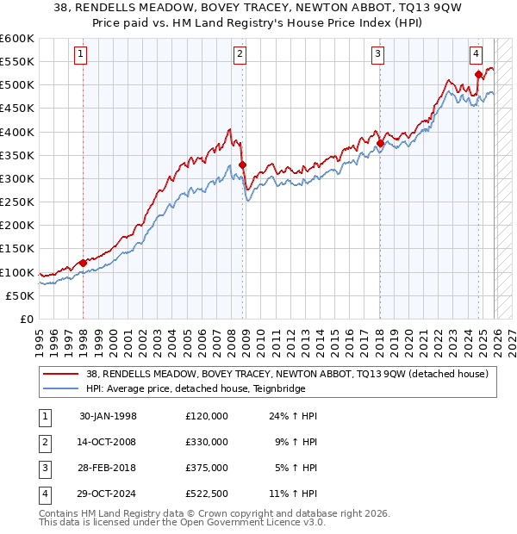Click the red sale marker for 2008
tap(242, 165)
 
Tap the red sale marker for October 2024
tap(479, 75)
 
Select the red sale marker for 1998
tap(83, 263)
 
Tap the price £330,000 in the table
tap(207, 442)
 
